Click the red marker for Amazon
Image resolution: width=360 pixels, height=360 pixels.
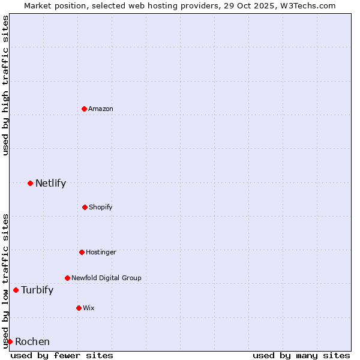coord(84,109)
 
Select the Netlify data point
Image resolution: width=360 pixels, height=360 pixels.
coord(30,183)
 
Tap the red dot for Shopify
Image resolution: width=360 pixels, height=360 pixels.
coord(85,207)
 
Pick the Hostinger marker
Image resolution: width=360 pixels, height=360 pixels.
coord(82,252)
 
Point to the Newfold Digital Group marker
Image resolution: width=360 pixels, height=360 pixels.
coord(67,278)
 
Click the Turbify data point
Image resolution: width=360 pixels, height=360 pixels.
coord(16,290)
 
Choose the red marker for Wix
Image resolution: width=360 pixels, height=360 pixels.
coord(79,308)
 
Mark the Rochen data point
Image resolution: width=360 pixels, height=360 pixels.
coord(10,341)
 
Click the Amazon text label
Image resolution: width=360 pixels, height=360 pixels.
coord(101,109)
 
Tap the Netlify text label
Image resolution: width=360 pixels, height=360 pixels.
coord(50,183)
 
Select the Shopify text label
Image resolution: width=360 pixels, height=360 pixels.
coord(101,207)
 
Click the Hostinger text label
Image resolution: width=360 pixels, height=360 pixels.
coord(101,252)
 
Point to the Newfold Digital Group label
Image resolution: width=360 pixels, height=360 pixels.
coord(106,278)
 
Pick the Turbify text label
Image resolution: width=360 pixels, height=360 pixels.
coord(37,290)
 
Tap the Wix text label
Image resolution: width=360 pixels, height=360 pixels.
coord(89,308)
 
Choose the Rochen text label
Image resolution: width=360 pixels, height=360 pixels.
coord(32,341)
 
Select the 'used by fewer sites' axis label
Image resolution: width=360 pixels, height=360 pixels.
coord(62,355)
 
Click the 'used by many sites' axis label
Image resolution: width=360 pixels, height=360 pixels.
coord(301,355)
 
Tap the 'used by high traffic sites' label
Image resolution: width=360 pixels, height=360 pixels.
coord(5,85)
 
